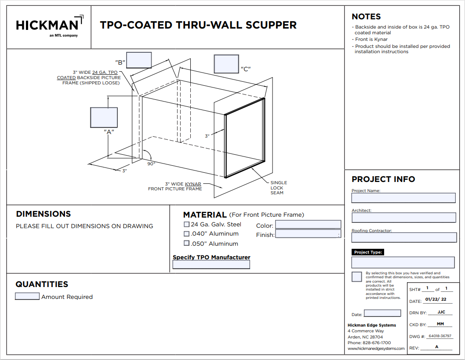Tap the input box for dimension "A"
coord(104,117)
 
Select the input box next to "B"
coord(139,60)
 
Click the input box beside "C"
coord(226,64)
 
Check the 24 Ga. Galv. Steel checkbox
coord(186,224)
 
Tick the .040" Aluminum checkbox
coord(186,234)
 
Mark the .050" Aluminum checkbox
coord(186,243)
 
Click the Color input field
coord(308,225)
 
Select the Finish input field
coord(308,234)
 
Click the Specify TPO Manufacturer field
coord(211,265)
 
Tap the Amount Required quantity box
coord(27,296)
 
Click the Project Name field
coord(403,198)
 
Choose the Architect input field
coord(404,218)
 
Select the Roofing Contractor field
coord(404,237)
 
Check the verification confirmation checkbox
coord(357,276)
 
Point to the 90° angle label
coord(151,164)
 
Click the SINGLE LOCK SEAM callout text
coord(279,188)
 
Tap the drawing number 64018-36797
coord(440,336)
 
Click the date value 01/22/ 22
coord(436,299)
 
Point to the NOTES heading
coord(366,17)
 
